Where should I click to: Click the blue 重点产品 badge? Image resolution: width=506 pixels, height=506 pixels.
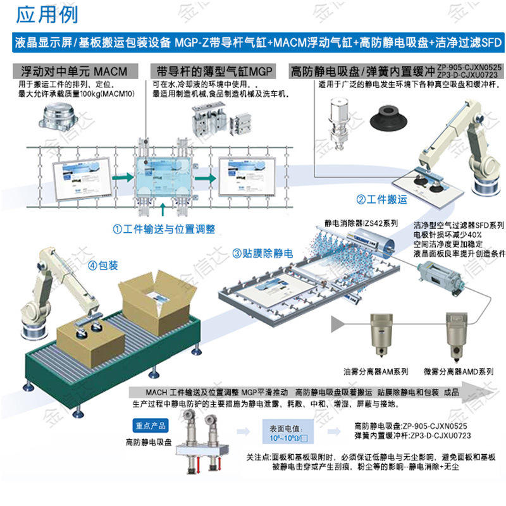151,426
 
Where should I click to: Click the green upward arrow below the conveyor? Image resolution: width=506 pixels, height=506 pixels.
164,209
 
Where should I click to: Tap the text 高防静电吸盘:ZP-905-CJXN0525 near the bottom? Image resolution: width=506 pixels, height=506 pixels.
410,426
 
